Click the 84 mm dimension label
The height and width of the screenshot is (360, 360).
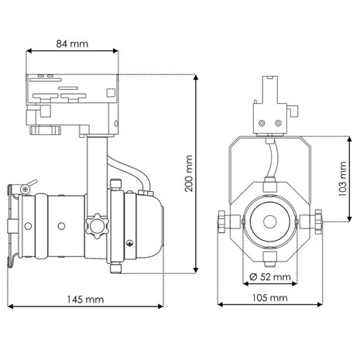[73, 43]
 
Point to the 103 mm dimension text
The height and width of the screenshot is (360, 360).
[343, 179]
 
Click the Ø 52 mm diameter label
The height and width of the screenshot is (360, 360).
[270, 276]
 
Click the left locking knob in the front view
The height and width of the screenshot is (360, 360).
[223, 222]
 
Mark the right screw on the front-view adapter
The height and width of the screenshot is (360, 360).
[279, 122]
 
